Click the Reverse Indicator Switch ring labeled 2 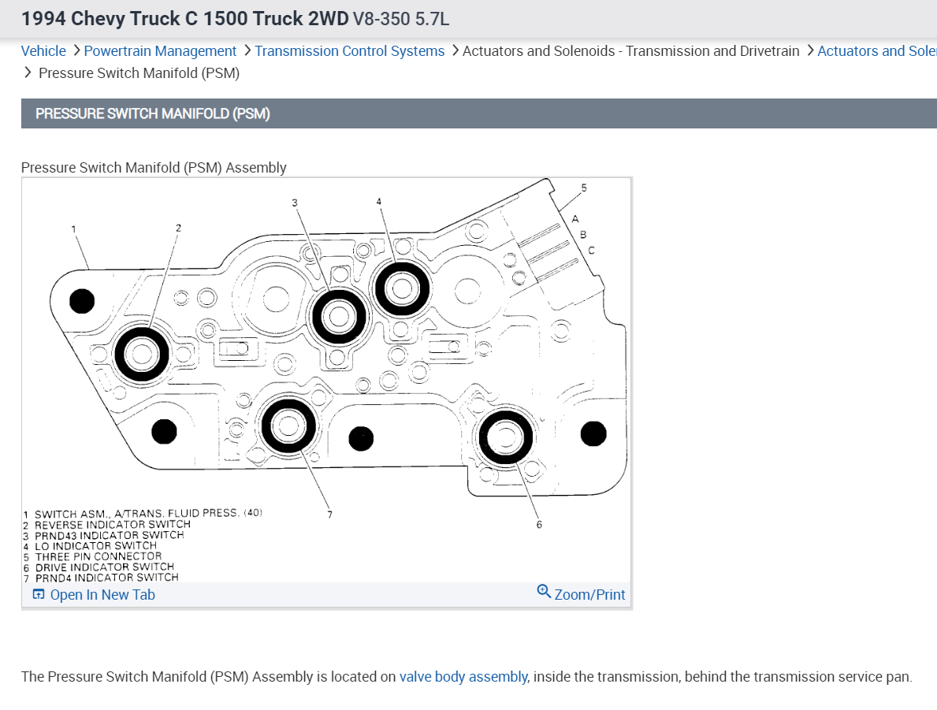click(142, 354)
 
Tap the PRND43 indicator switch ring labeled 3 click(340, 317)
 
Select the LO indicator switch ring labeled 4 click(402, 288)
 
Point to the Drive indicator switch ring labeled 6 click(505, 437)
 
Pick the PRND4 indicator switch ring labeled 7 click(288, 426)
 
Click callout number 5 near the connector click(584, 188)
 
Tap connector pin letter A click(575, 218)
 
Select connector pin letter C click(591, 250)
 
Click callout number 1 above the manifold click(73, 229)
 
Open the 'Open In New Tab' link click(95, 595)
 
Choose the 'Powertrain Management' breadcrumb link click(160, 51)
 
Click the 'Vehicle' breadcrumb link click(43, 51)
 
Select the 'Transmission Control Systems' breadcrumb click(349, 51)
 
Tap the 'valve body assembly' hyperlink click(463, 677)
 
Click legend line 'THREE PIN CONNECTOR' click(98, 556)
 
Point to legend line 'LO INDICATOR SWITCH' click(95, 545)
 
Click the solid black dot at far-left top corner click(82, 300)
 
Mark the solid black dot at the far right click(593, 433)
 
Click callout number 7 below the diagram click(330, 515)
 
